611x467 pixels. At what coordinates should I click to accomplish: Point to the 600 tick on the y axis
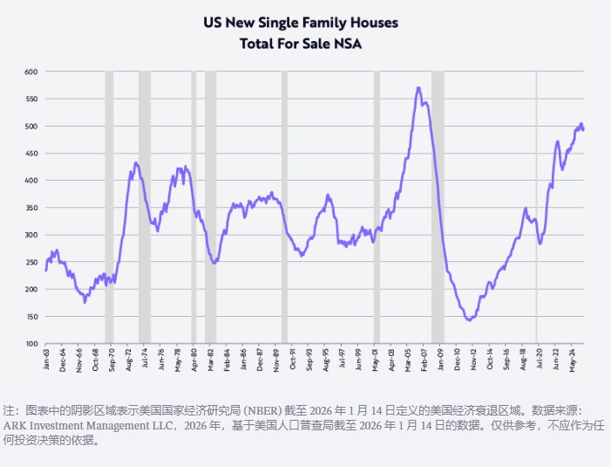(x=31, y=72)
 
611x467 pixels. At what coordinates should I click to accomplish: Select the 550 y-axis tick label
(x=31, y=99)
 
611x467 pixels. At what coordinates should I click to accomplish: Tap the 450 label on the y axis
(x=31, y=154)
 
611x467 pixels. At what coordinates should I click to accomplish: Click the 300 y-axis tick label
(x=31, y=235)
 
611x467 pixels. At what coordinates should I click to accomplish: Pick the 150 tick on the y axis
(x=31, y=317)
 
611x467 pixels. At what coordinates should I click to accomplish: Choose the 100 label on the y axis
(x=31, y=344)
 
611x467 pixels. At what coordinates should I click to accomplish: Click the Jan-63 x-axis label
(x=46, y=360)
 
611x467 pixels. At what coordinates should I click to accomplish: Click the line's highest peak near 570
(x=419, y=87)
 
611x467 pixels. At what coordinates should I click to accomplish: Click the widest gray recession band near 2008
(x=438, y=209)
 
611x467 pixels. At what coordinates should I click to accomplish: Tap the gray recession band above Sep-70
(x=109, y=209)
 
